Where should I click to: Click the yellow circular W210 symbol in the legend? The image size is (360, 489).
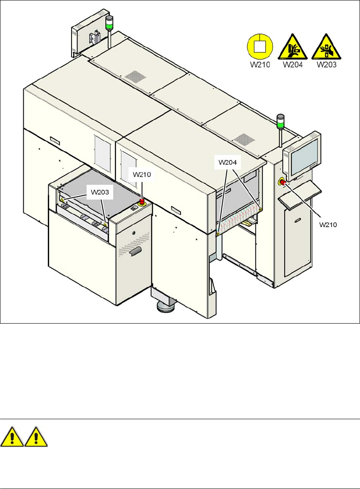click(x=259, y=47)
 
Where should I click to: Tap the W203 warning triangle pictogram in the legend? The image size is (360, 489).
click(x=327, y=47)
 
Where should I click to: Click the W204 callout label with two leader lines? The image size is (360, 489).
click(x=228, y=162)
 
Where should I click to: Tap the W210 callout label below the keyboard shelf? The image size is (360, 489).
click(x=328, y=225)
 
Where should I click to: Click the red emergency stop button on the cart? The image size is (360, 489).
click(x=143, y=203)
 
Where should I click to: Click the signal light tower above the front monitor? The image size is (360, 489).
click(x=280, y=126)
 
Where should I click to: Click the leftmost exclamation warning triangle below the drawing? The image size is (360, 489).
click(x=12, y=437)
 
